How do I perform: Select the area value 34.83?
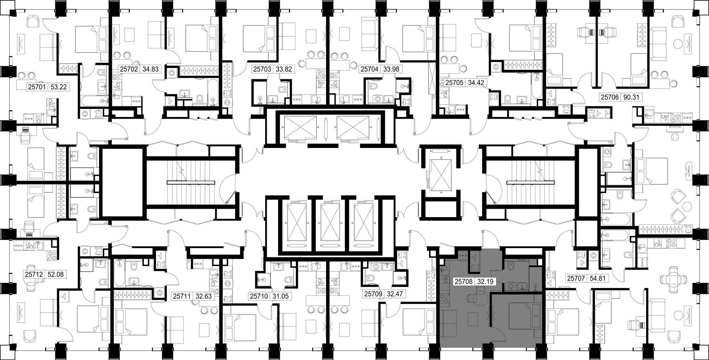coord(150,69)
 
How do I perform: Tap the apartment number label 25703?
coord(262,69)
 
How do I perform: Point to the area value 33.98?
coord(391,69)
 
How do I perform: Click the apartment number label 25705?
coord(455,83)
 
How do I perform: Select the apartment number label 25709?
coord(373,294)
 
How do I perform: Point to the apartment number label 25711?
coord(182,296)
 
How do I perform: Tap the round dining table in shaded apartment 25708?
coord(480,295)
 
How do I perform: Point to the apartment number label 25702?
coord(129,69)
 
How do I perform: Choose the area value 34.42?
coord(476,83)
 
